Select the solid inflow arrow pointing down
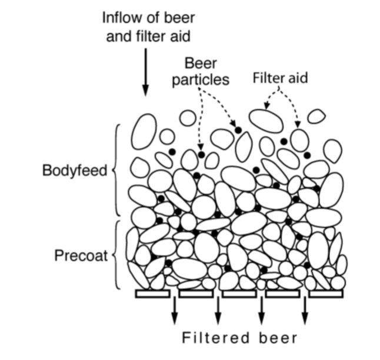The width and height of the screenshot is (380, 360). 145,74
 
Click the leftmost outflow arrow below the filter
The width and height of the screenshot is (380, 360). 175,311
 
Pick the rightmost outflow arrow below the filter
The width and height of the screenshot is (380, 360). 305,311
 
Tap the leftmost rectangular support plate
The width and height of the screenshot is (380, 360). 152,293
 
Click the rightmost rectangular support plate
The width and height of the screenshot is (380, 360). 326,293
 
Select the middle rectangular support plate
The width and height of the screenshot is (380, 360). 239,293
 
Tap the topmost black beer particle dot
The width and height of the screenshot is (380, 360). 238,129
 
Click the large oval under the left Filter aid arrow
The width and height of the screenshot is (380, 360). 266,120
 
